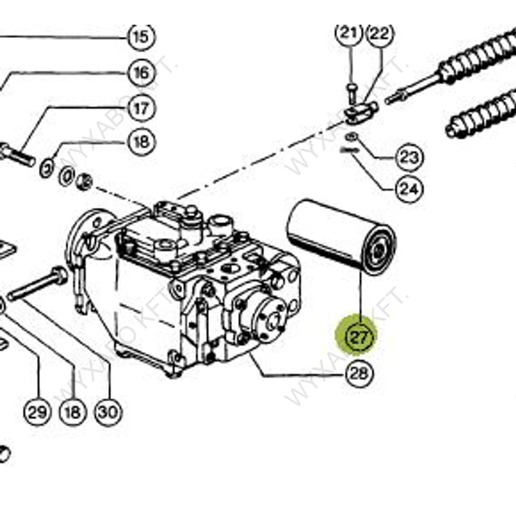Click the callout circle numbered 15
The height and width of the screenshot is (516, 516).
click(142, 36)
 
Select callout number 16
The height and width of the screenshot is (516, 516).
click(142, 73)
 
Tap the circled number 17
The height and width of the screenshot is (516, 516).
click(142, 108)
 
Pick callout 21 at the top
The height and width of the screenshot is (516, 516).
click(349, 33)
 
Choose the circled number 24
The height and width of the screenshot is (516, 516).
click(408, 189)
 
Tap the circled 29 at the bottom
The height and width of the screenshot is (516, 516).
click(37, 413)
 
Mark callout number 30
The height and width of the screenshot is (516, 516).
click(108, 413)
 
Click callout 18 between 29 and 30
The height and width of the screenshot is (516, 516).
click(73, 413)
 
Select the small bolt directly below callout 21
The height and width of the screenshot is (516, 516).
click(351, 93)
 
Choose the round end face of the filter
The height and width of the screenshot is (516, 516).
click(380, 250)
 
